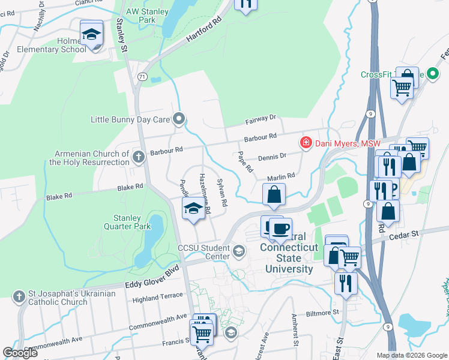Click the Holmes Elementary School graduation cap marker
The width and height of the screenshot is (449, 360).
tap(92, 34)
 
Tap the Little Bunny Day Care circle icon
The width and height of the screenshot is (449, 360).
tap(178, 119)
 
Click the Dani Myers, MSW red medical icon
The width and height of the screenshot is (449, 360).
tap(306, 143)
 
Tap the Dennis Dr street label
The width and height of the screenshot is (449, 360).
tap(271, 156)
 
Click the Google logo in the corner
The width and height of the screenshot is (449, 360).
tap(20, 353)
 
